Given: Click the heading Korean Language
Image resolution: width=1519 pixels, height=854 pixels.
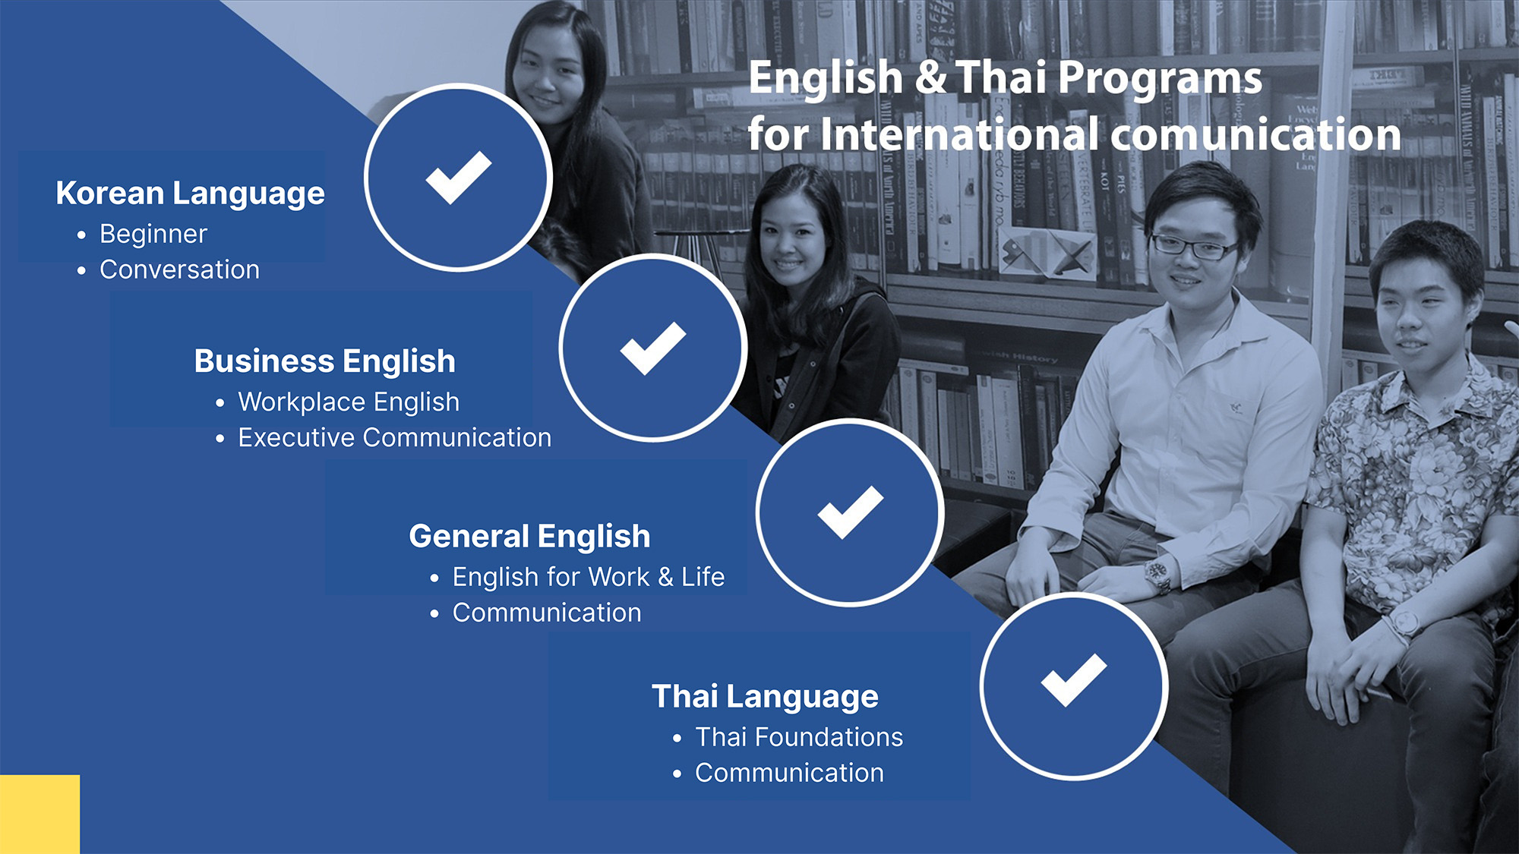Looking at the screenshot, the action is [x=190, y=194].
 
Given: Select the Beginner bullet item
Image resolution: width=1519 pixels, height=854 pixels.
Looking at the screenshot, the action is [x=153, y=234].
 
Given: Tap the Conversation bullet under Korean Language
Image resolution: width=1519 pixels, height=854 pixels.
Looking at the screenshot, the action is [x=179, y=269].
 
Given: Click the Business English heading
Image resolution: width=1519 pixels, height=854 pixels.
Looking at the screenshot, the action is [x=324, y=361].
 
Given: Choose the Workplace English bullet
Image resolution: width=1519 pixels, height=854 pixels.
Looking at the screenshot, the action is [x=349, y=402].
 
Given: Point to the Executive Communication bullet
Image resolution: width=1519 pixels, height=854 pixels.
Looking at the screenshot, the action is [x=394, y=437].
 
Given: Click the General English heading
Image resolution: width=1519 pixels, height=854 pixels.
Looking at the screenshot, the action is [x=529, y=537].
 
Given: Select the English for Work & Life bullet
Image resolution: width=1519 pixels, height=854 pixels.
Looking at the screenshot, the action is [x=588, y=577].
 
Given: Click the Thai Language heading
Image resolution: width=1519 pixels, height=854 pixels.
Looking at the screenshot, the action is [x=765, y=697].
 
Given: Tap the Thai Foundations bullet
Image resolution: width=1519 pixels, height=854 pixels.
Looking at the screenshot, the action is [x=799, y=737].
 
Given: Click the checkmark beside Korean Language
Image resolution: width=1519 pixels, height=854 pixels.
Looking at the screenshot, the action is [x=458, y=178].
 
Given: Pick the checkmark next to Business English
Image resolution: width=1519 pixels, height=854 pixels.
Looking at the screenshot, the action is [x=653, y=348].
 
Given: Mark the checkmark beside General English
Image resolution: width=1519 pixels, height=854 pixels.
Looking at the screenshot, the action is [x=851, y=512].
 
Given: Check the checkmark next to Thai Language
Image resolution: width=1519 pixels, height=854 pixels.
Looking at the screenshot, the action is [x=1074, y=680].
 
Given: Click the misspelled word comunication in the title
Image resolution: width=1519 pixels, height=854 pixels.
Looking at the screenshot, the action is [x=1255, y=134].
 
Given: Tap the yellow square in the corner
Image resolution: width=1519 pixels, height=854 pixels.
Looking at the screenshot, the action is [x=39, y=815].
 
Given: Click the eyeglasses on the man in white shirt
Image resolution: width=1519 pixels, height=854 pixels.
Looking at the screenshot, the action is [x=1193, y=246].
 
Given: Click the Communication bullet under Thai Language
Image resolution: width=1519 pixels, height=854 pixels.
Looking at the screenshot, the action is [x=789, y=773].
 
